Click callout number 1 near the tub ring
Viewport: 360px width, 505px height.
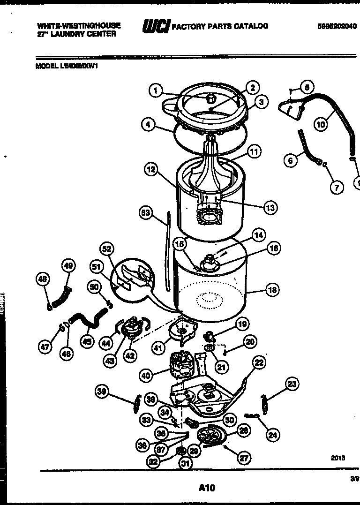tap(156, 90)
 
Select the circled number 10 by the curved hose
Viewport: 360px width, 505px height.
tap(321, 125)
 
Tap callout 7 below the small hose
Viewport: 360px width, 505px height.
tap(336, 187)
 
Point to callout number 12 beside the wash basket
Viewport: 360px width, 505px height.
tap(151, 170)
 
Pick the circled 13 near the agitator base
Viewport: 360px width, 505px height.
tap(270, 207)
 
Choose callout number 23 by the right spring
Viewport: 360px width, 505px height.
tap(292, 384)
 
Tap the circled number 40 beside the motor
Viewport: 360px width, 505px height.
tap(146, 375)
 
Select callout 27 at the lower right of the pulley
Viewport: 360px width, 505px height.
tap(244, 458)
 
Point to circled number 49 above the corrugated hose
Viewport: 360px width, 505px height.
tap(68, 266)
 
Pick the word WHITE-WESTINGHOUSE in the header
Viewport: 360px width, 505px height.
tap(79, 26)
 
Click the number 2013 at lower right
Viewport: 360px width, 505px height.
tap(337, 458)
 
